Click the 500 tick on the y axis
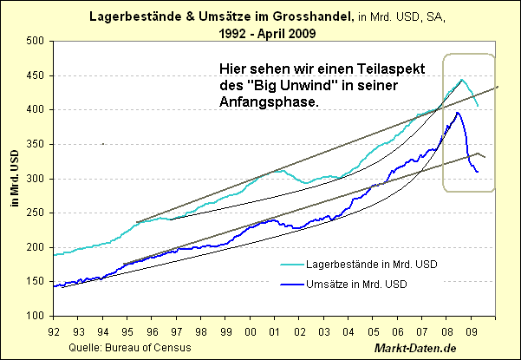pos(38,41)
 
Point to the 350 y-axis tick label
pos(38,144)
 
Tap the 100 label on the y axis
pos(38,317)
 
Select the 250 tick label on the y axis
pos(38,213)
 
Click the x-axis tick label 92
pos(54,331)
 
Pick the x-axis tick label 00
pos(251,331)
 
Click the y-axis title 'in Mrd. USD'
pos(15,179)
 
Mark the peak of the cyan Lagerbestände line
pos(462,79)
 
